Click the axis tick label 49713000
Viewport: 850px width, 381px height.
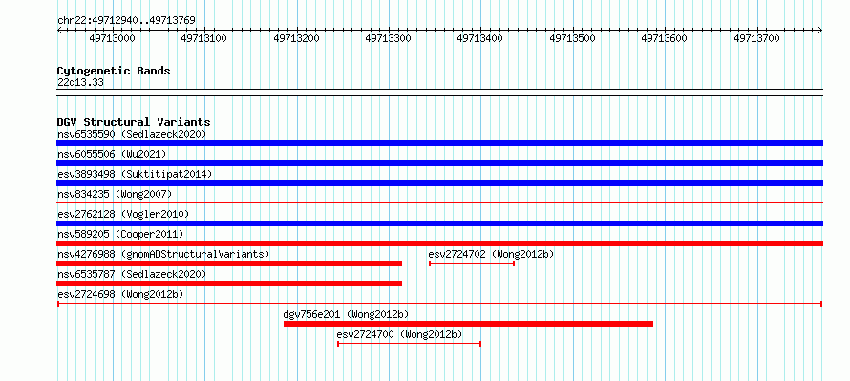(x=112, y=38)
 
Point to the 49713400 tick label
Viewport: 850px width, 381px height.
(x=479, y=38)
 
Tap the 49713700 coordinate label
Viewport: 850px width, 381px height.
(x=756, y=38)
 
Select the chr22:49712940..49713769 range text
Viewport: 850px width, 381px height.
(x=126, y=21)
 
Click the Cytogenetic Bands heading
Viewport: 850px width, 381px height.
(x=114, y=71)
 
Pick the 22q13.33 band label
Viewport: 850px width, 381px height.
(x=80, y=83)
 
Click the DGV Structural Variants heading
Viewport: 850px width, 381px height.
(x=134, y=122)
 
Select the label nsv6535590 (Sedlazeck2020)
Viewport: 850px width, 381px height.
(x=132, y=134)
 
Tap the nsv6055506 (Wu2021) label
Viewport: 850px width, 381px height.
(x=112, y=154)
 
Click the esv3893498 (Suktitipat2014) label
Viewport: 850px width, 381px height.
(x=135, y=174)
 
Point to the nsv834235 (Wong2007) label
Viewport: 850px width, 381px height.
(x=115, y=194)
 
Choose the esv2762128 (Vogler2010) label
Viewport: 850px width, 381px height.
(x=123, y=214)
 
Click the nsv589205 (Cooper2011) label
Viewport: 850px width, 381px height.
(x=120, y=234)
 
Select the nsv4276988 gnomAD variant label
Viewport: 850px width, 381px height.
(x=163, y=254)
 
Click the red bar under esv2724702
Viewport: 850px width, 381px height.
(x=472, y=264)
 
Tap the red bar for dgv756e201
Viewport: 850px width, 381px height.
(x=468, y=324)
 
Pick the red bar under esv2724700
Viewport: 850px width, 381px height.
(x=410, y=344)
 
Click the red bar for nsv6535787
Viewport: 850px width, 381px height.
(x=229, y=284)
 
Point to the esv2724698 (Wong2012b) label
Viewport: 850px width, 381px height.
(x=120, y=294)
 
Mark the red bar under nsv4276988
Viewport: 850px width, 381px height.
(x=229, y=264)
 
